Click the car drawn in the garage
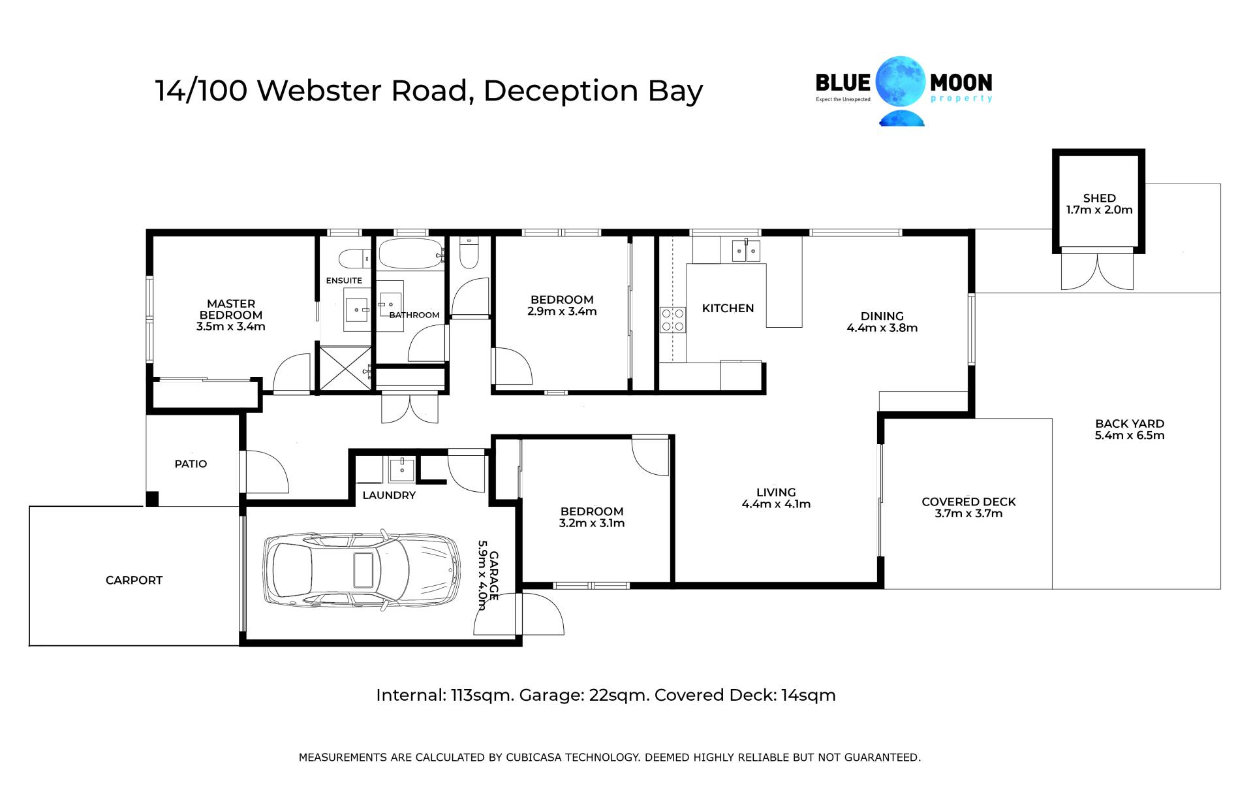point(362,570)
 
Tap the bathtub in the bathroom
point(411,253)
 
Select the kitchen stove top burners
point(673,319)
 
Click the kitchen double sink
point(746,250)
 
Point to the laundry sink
point(401,469)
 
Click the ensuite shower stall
point(345,370)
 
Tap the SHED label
point(1100,198)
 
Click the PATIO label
point(191,464)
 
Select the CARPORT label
point(134,580)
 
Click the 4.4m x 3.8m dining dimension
point(882,328)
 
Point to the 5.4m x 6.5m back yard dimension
point(1130,436)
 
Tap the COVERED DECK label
point(968,502)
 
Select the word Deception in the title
point(561,91)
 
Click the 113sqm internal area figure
point(482,696)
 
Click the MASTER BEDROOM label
point(231,309)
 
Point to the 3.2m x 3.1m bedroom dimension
point(592,523)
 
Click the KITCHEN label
point(728,308)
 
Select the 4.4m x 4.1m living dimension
point(776,504)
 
